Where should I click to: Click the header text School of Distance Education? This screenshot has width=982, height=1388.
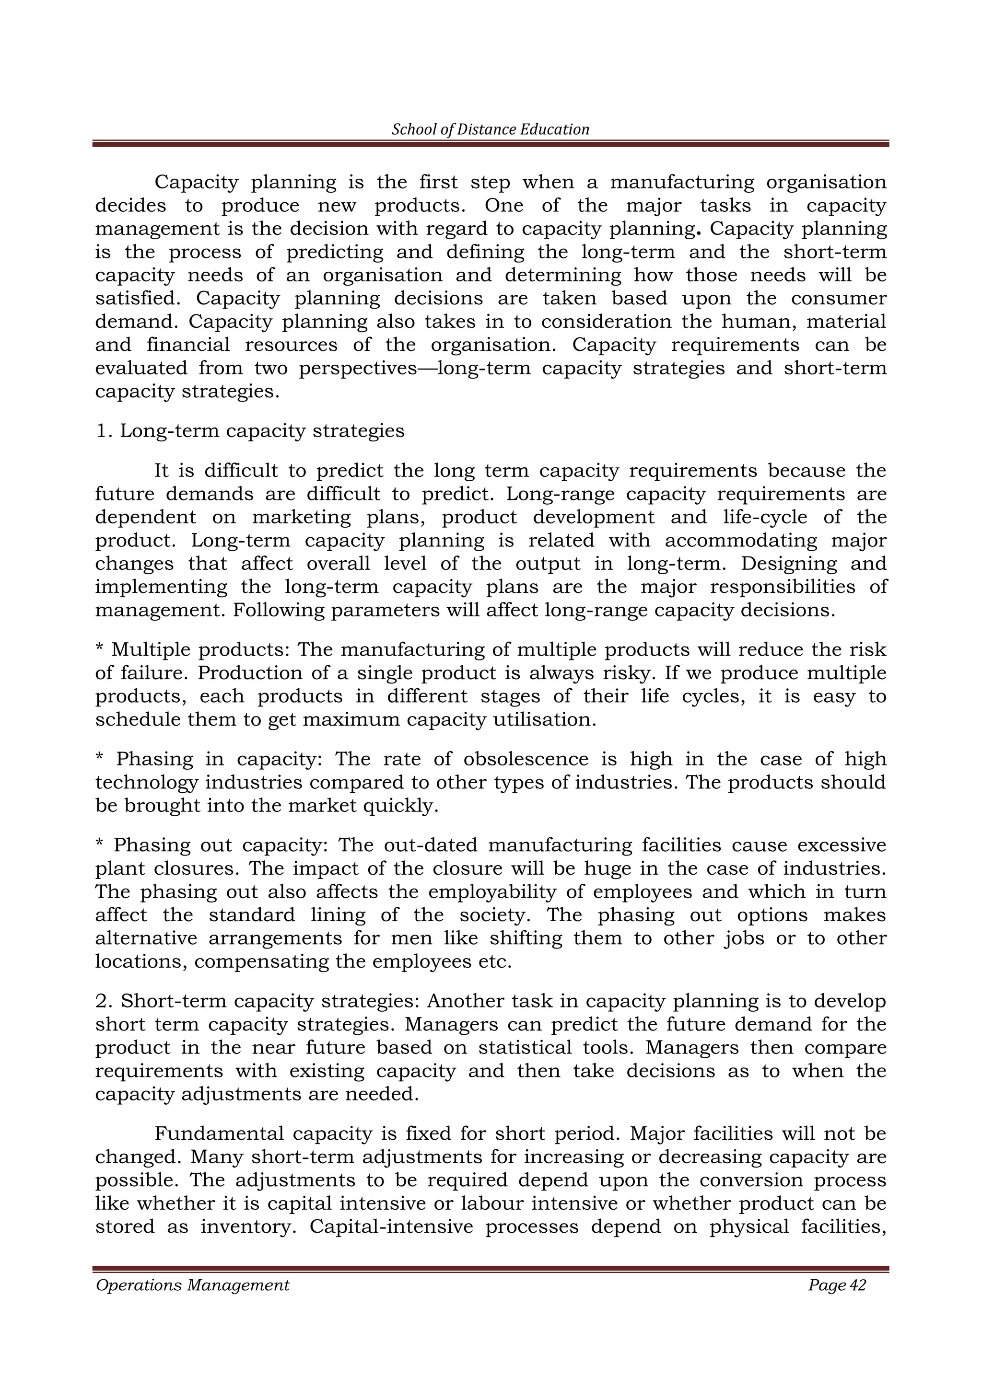[491, 129]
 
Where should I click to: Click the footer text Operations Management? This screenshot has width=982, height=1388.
[192, 1284]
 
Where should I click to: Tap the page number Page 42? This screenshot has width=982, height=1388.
[837, 1284]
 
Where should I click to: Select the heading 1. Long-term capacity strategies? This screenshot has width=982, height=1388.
[250, 431]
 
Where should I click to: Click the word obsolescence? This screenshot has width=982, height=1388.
[526, 759]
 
